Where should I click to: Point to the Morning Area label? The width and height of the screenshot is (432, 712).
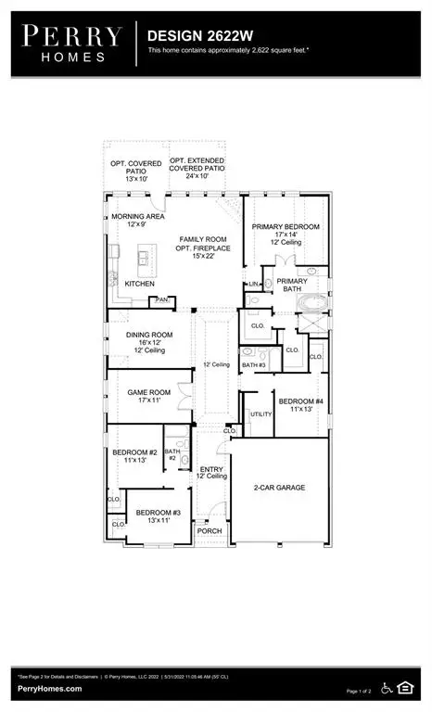(133, 220)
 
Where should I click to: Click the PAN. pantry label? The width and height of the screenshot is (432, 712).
(161, 299)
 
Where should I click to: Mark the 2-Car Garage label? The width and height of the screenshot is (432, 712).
(279, 487)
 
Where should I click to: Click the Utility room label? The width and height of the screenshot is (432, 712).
(260, 413)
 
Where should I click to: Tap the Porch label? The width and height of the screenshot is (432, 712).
(210, 531)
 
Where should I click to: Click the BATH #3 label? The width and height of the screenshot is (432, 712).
(254, 365)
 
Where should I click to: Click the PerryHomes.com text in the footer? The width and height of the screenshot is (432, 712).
(49, 689)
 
